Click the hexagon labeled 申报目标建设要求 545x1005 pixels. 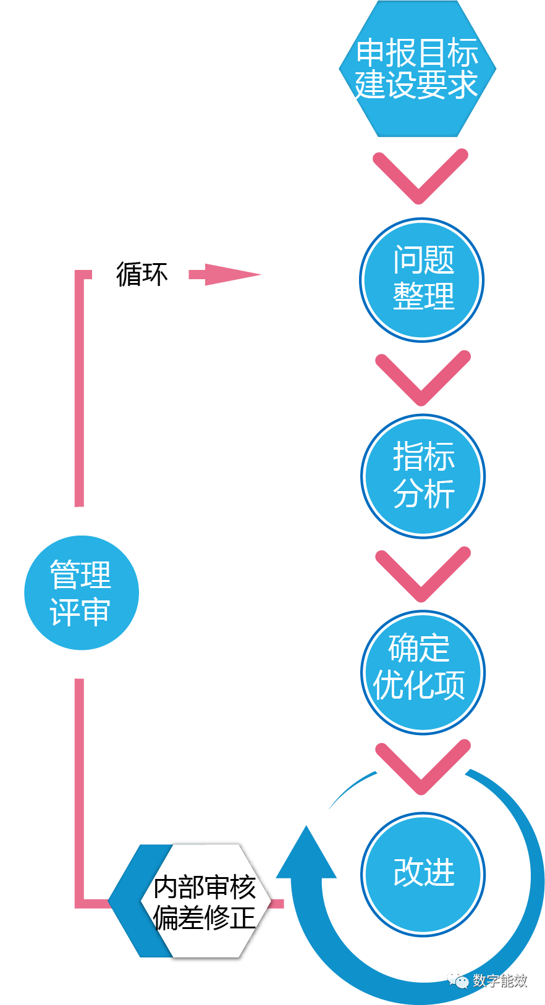418,69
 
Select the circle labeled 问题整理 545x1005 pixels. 422,279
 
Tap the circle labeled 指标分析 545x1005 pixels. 423,476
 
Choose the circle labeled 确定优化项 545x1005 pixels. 423,672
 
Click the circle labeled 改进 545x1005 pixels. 423,873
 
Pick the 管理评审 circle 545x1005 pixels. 81,593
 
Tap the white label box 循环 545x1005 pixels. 141,272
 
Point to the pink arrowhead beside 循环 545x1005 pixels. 232,274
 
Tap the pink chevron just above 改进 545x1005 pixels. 423,769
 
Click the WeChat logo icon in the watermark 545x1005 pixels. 458,979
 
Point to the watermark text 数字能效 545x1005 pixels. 500,980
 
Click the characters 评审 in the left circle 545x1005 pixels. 80,612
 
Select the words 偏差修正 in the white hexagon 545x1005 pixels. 205,918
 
